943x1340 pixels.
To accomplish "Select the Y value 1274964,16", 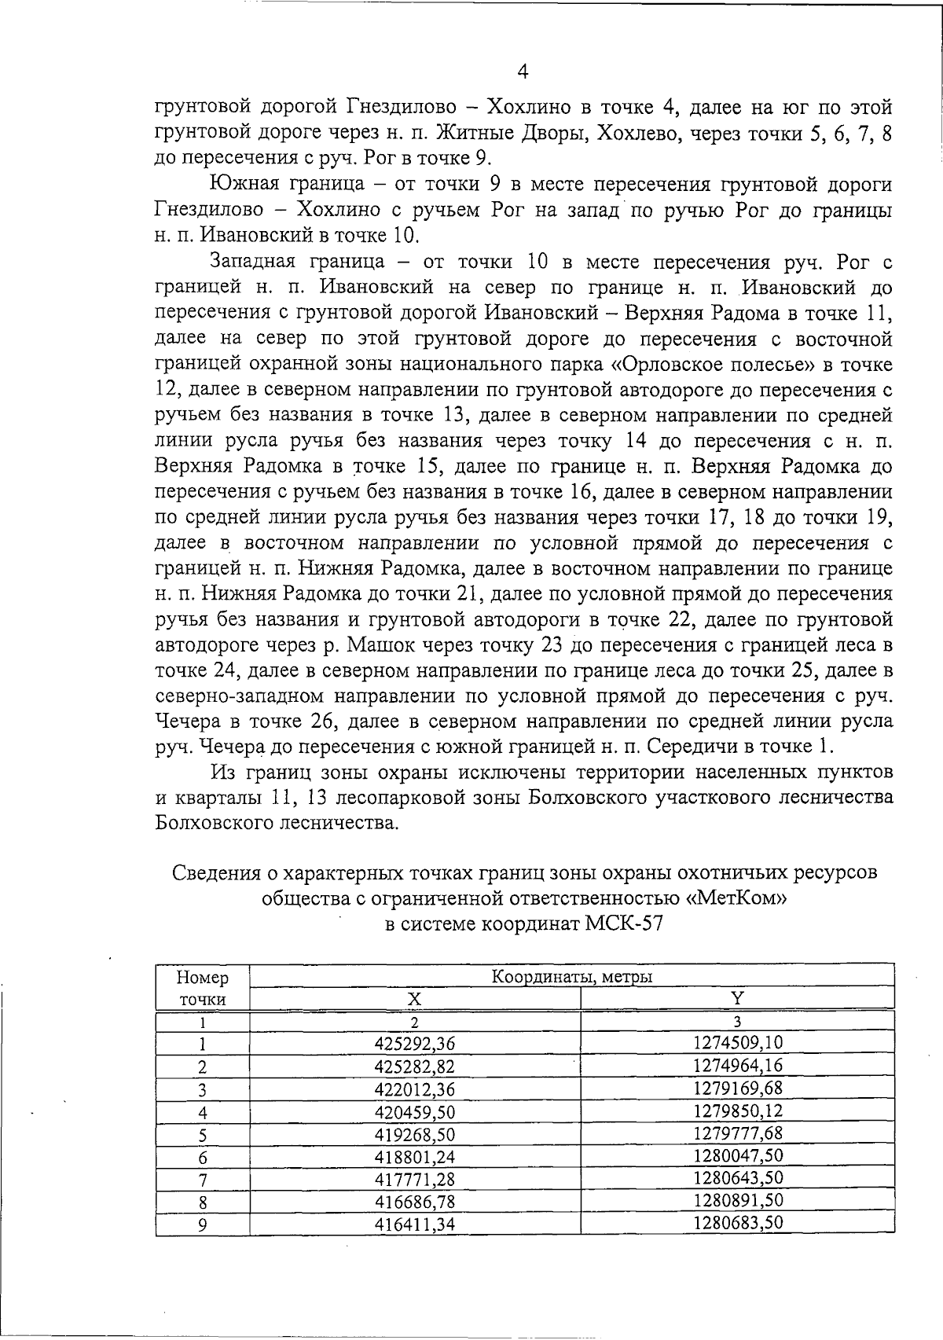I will coord(738,1066).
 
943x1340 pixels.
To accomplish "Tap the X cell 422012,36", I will coord(414,1089).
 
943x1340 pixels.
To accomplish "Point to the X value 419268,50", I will coord(414,1135).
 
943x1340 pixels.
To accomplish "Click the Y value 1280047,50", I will coord(738,1156).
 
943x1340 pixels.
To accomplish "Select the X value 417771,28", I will coord(414,1180).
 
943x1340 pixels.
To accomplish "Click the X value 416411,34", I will coord(414,1224).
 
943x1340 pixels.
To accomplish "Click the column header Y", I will coord(737,998).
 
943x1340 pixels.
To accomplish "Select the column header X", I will coord(414,999).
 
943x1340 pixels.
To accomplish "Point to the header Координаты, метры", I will coord(572,977).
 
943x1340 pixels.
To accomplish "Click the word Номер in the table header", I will coord(203,978).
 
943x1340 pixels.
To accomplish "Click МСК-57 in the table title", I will coord(625,923).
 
